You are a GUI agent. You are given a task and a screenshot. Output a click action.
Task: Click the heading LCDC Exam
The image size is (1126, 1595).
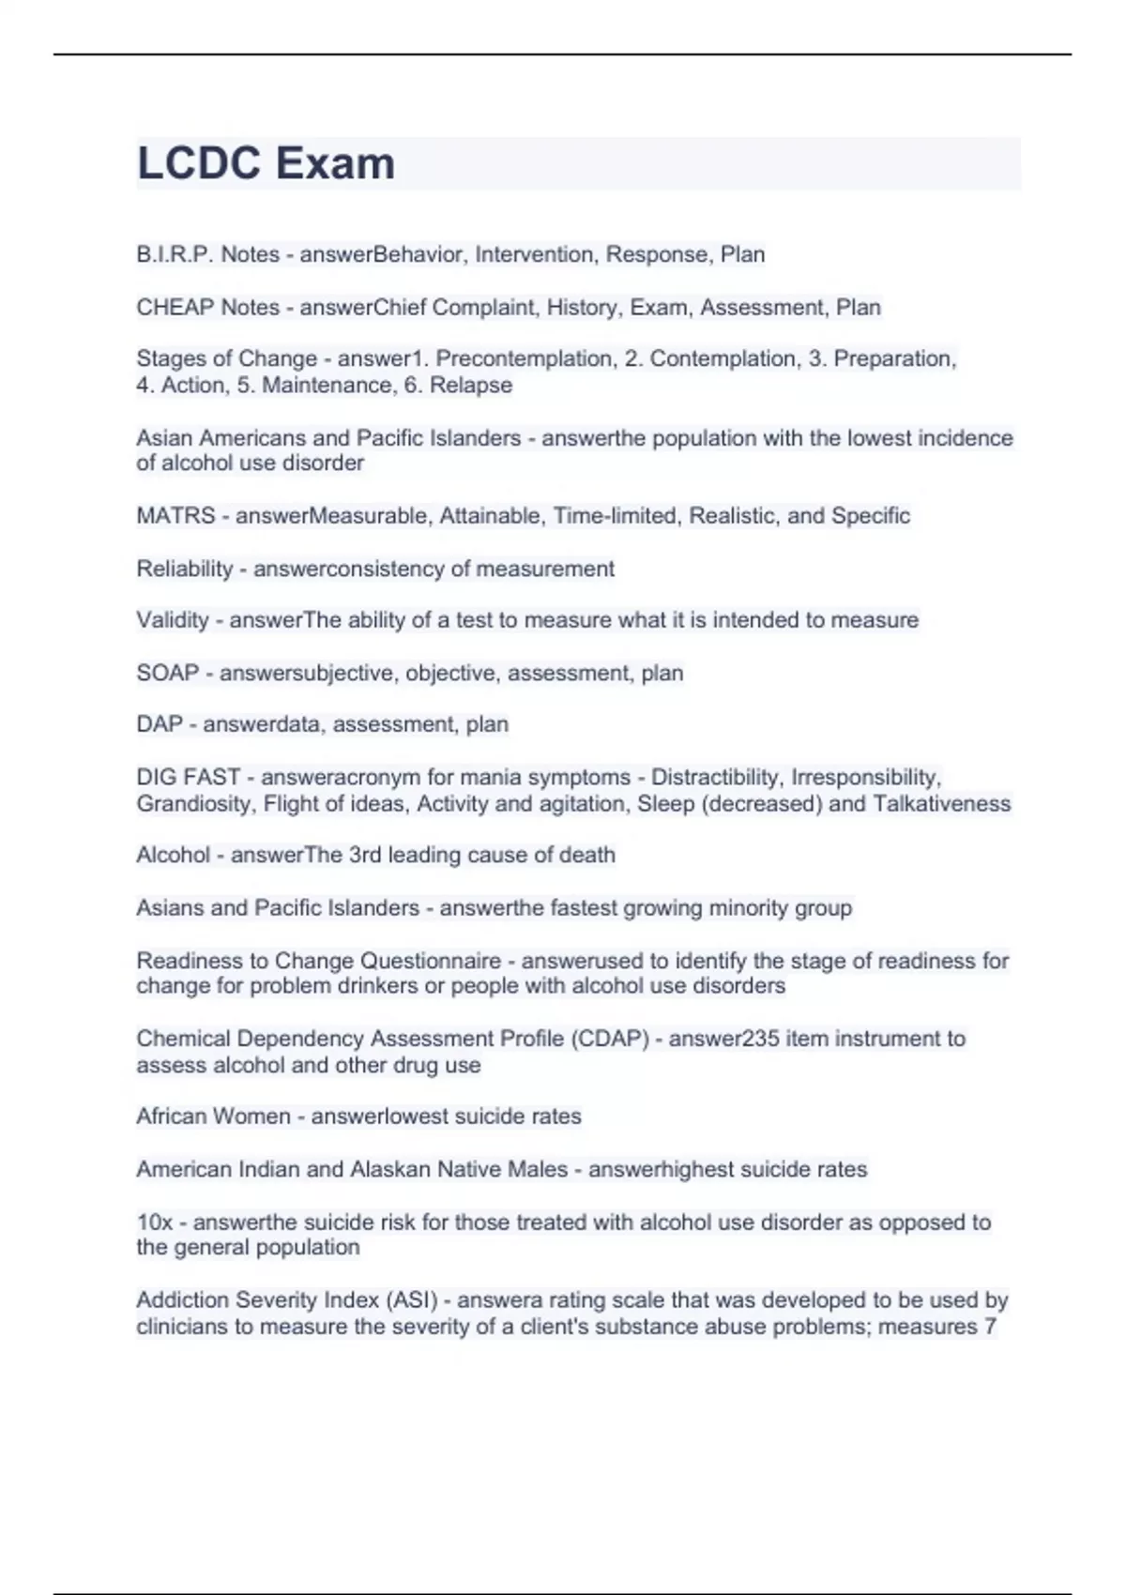coord(266,163)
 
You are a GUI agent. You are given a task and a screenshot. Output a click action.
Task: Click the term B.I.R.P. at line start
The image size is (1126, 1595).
coord(175,254)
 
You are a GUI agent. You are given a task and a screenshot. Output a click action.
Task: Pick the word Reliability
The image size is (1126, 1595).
coord(184,569)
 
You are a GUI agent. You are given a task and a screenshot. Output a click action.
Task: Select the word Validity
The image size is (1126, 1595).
coord(173,620)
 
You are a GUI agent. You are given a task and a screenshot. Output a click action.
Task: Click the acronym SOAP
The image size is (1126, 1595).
coord(167,673)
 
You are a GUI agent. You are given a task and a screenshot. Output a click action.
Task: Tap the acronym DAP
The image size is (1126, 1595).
coord(159,724)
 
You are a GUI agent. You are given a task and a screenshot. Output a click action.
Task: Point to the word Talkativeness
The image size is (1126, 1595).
coord(941,804)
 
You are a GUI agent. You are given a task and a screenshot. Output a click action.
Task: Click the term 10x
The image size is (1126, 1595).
coord(155,1223)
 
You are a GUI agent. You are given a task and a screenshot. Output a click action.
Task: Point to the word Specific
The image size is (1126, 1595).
coord(870,515)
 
